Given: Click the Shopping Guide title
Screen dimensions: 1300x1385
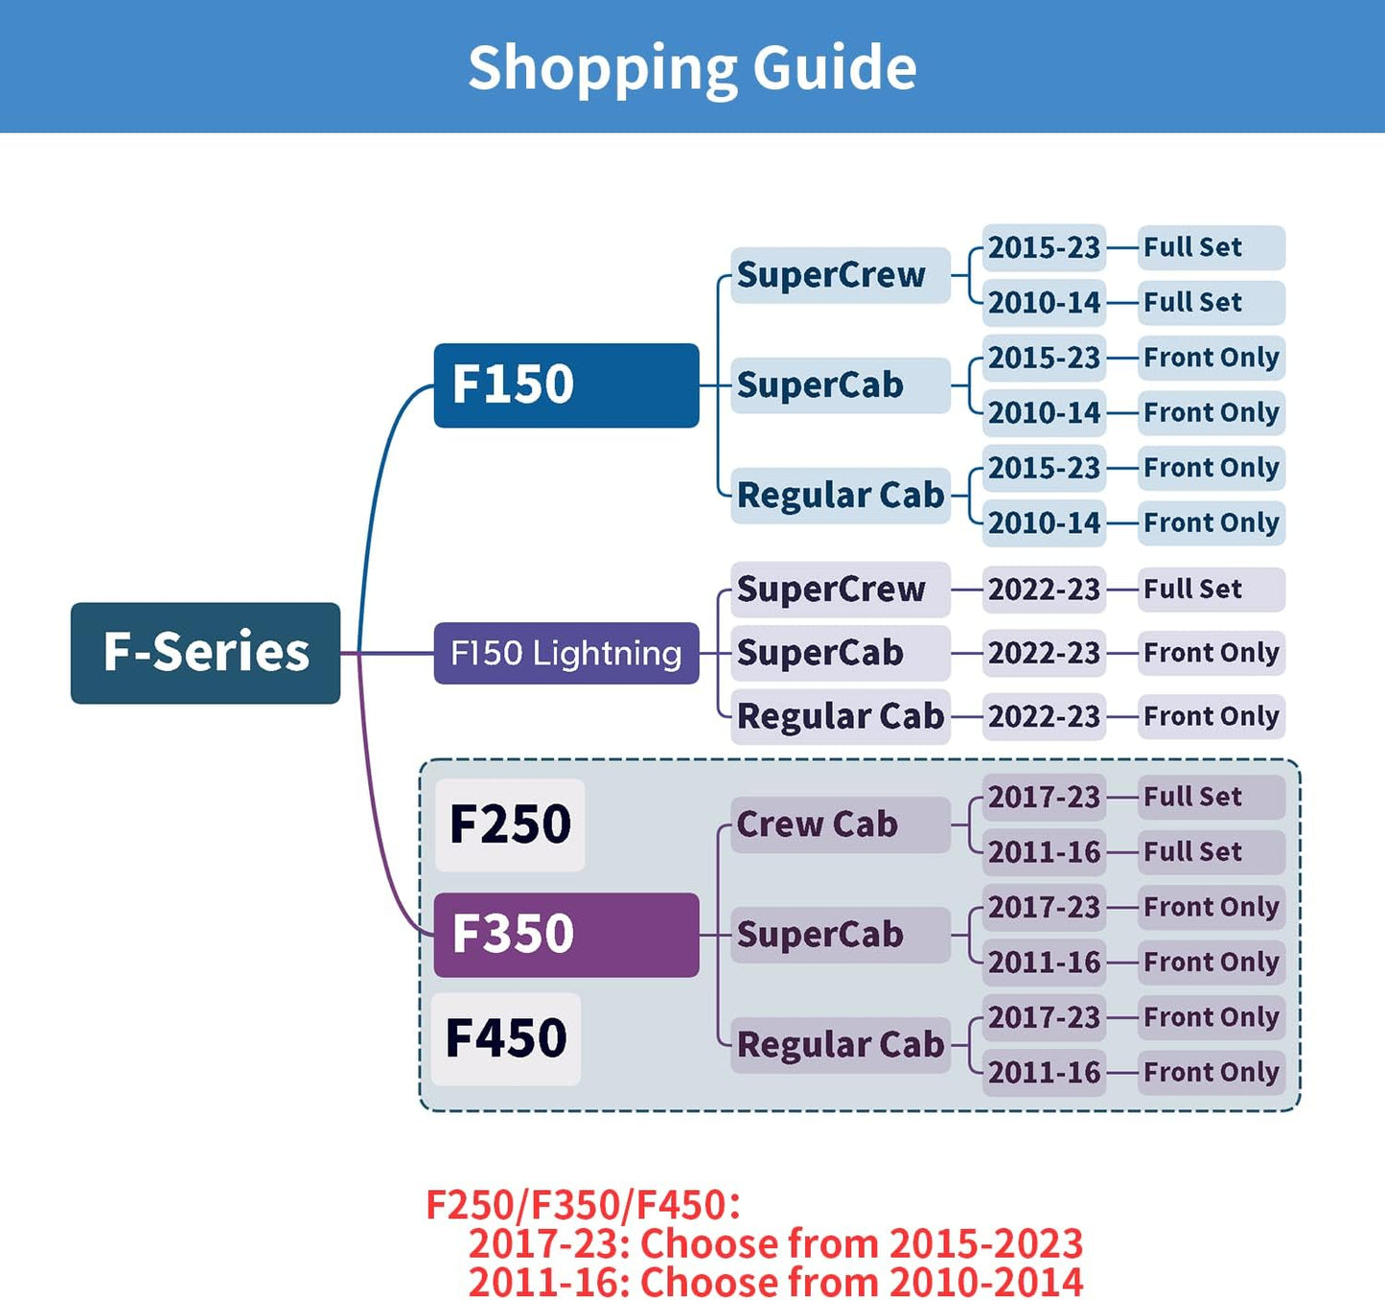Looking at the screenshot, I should (x=692, y=67).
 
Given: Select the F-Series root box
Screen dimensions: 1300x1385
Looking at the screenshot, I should (x=205, y=653).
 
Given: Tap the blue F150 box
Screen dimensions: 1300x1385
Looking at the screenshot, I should (x=566, y=385).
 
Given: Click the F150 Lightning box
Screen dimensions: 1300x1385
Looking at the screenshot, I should (x=566, y=653).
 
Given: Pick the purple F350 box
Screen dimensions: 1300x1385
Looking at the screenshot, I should (x=566, y=935).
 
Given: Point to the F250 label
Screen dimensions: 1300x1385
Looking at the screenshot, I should (x=510, y=824).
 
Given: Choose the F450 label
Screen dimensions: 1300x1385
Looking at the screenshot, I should (x=506, y=1038).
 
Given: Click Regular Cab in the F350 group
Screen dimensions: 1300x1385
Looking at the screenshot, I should (x=840, y=1044).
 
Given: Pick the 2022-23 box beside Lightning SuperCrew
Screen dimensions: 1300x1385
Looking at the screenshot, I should (x=1044, y=589).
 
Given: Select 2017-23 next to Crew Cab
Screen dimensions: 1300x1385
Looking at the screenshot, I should (x=1044, y=797).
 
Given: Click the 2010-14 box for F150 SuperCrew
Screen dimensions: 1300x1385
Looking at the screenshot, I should (x=1044, y=303).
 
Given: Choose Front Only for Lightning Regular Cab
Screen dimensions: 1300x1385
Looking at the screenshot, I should (x=1211, y=716).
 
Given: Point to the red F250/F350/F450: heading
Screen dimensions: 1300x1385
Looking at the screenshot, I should (x=583, y=1204).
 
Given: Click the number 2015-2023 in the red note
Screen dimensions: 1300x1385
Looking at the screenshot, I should (x=985, y=1243).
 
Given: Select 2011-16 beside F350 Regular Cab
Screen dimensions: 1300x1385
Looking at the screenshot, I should (x=1044, y=1072).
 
